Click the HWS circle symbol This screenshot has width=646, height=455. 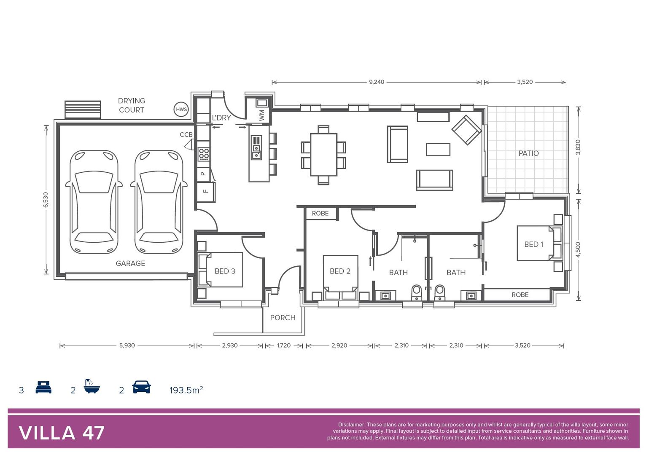pyautogui.click(x=181, y=110)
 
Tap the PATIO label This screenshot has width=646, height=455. pyautogui.click(x=528, y=153)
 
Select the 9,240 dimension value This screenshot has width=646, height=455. pyautogui.click(x=377, y=82)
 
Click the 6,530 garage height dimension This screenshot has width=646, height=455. pyautogui.click(x=46, y=199)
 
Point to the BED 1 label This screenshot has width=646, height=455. pyautogui.click(x=533, y=244)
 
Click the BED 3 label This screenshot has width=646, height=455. pyautogui.click(x=225, y=271)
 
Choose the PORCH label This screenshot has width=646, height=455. pyautogui.click(x=283, y=318)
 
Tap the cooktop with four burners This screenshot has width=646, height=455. pyautogui.click(x=204, y=155)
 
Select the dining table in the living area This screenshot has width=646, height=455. pyautogui.click(x=323, y=155)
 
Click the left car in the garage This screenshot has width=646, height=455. pyautogui.click(x=94, y=202)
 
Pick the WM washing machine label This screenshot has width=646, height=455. pyautogui.click(x=262, y=115)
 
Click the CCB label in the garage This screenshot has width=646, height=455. pyautogui.click(x=186, y=135)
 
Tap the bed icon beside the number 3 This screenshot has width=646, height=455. pyautogui.click(x=43, y=387)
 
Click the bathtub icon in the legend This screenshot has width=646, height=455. pyautogui.click(x=92, y=386)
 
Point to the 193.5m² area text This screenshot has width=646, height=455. pyautogui.click(x=186, y=390)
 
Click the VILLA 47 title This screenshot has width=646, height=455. pyautogui.click(x=62, y=433)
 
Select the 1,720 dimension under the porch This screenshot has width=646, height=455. pyautogui.click(x=284, y=345)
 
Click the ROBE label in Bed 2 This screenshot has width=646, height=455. pyautogui.click(x=320, y=214)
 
